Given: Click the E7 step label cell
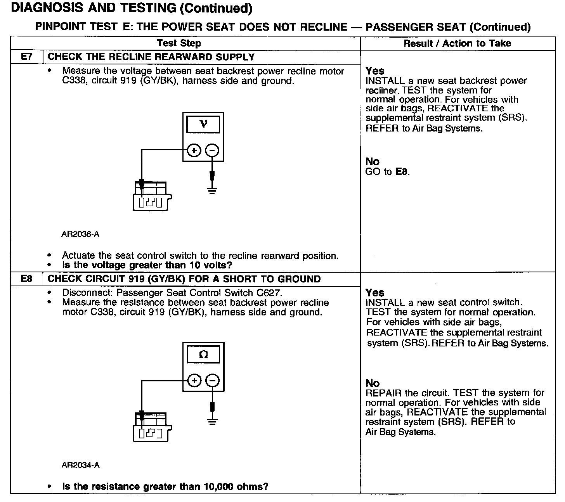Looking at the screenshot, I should click(26, 57).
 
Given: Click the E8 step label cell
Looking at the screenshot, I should click(26, 279).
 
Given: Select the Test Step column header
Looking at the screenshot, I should click(179, 43).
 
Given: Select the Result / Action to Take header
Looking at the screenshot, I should click(457, 43).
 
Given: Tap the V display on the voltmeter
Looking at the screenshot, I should click(203, 125).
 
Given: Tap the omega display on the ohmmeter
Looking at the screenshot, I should click(203, 354).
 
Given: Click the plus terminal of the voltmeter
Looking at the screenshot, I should click(194, 150).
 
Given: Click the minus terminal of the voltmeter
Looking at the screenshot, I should click(212, 150).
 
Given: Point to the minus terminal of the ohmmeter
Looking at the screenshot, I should click(212, 381).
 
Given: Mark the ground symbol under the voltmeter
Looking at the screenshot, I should click(212, 190).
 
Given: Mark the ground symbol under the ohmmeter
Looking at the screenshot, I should click(212, 421).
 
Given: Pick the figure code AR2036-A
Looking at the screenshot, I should click(80, 234).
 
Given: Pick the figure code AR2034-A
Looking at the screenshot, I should click(80, 465).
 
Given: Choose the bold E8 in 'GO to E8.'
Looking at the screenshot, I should click(402, 172).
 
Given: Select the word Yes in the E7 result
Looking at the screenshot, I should click(375, 71).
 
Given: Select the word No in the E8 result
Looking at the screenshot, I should click(373, 383).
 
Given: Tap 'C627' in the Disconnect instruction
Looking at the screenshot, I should click(268, 293).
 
